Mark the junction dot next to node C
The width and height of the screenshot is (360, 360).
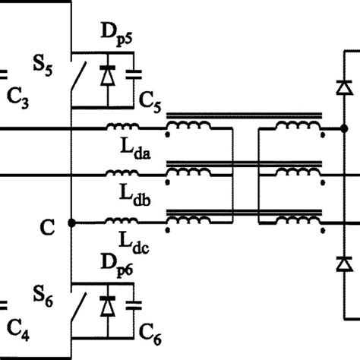click(71, 223)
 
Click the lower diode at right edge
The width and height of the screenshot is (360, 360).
click(344, 264)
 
